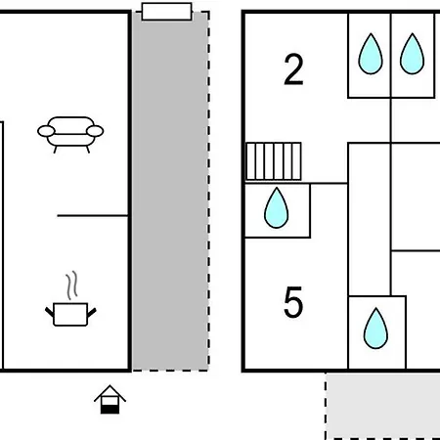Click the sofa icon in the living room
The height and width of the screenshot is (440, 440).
click(x=70, y=134)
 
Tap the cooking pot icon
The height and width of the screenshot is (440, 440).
click(x=70, y=314)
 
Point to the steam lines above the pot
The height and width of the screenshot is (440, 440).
click(x=72, y=286)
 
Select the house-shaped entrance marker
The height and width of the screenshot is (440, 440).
click(x=110, y=400)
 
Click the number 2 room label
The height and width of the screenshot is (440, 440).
click(x=293, y=69)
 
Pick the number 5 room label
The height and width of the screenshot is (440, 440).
click(x=293, y=302)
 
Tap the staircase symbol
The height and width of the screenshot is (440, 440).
click(x=273, y=161)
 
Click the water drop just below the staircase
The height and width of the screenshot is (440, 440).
click(x=277, y=208)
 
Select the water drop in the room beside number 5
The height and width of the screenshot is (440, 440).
click(x=375, y=329)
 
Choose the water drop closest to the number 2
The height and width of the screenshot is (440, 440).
click(x=371, y=54)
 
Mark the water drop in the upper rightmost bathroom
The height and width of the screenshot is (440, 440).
click(x=413, y=54)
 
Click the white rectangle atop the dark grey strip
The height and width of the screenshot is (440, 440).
click(x=166, y=12)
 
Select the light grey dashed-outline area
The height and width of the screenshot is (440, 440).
click(x=383, y=406)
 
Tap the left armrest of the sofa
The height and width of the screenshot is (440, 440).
click(x=46, y=131)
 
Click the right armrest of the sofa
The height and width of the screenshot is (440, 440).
click(x=95, y=131)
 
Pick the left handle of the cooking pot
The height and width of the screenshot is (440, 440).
click(x=49, y=312)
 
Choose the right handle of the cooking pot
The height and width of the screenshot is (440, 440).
click(x=92, y=312)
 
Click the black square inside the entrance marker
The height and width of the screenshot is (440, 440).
click(x=110, y=410)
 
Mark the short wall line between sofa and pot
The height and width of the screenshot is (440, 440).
click(x=93, y=215)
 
